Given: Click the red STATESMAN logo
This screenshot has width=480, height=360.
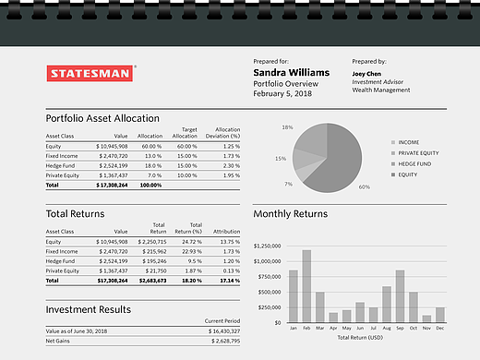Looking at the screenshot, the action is coord(90,73).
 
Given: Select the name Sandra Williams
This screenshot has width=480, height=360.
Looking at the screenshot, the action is coord(292,73).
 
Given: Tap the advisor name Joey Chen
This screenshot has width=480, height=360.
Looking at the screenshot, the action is coord(366,74).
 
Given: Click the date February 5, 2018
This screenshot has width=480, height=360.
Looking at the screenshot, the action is coord(282,93).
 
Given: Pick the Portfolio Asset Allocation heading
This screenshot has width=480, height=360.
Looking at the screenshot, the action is coord(102,118).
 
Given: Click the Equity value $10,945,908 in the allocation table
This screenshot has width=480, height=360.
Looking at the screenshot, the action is coord(112,147).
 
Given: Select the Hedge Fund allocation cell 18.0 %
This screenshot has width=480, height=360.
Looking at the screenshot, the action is coord(151,166).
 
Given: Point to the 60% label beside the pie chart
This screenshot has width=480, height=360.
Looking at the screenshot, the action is coord(365,187).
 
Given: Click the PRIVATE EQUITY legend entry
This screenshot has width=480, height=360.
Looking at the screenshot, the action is coord(414,153).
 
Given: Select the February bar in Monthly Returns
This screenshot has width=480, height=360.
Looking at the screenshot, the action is coord(306,286).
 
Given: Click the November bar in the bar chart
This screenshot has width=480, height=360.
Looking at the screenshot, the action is coord(426,318).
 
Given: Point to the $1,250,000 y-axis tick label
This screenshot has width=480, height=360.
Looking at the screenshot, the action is coord(267,246).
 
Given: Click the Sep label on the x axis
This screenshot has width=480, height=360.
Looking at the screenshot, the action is coord(400,329).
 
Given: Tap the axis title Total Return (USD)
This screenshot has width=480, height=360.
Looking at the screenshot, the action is coord(360,338).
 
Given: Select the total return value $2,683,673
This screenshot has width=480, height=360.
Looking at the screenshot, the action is coord(152,281).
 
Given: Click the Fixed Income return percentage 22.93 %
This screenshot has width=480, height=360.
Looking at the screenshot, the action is coord(192,252).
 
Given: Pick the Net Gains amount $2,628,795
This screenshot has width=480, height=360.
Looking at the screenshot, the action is coord(225,342).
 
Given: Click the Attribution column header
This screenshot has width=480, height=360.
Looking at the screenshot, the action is coord(226,232).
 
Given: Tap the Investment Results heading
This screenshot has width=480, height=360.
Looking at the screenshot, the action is coord(89,309).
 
